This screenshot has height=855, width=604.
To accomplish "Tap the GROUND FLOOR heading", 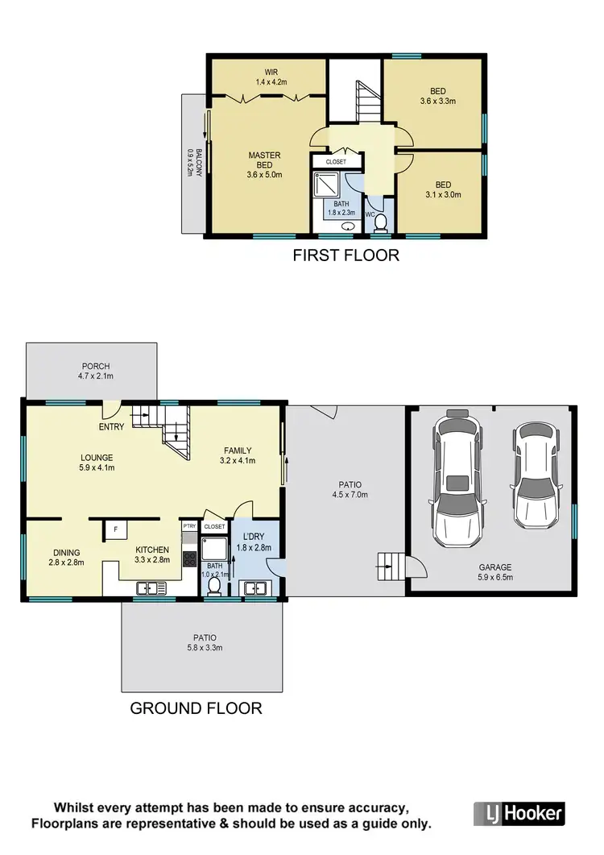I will tap(196, 708).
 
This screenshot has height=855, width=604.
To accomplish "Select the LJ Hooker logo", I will tap(518, 811).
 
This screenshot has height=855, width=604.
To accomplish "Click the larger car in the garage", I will tap(457, 475).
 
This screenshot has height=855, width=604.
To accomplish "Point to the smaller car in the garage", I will tap(532, 475).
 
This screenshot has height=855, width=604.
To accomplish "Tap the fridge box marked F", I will tap(115, 530).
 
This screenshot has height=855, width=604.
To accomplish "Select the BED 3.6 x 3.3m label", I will tap(438, 96).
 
